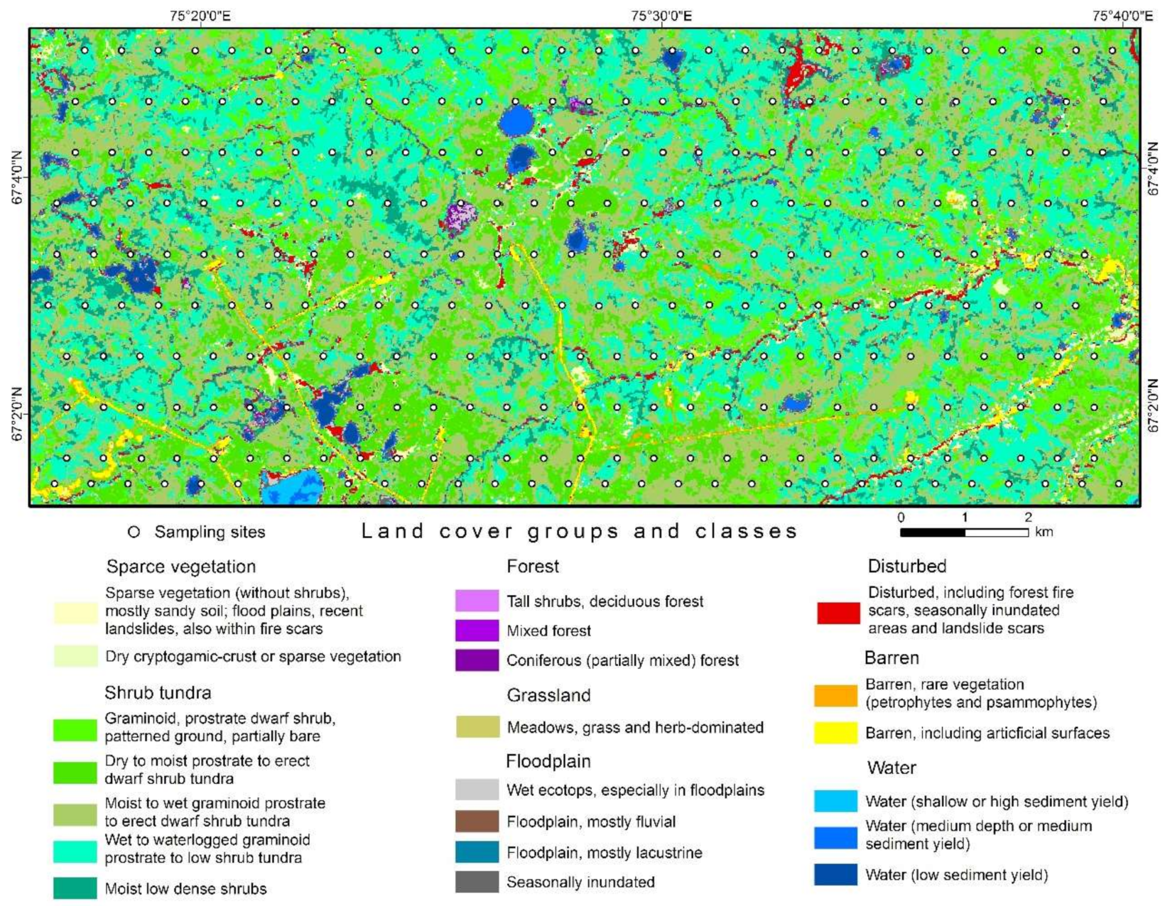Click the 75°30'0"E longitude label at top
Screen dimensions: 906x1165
coord(661,16)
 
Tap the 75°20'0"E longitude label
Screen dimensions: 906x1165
coord(200,16)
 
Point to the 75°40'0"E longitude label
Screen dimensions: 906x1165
coord(1122,16)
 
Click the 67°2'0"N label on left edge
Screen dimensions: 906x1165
coord(17,413)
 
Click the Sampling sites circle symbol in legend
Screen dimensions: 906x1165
coord(134,532)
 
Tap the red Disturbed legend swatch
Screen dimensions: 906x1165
coord(838,612)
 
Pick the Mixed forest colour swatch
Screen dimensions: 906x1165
coord(477,631)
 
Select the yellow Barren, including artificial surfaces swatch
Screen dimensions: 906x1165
coord(835,733)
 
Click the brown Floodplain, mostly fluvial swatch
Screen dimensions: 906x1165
coord(477,822)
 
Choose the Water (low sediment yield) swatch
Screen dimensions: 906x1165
coord(835,875)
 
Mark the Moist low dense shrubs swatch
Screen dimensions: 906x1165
coord(75,888)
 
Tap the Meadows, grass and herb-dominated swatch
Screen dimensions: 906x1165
coord(477,727)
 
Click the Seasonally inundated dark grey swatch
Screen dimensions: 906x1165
coord(477,882)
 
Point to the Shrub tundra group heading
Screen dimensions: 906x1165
coord(158,692)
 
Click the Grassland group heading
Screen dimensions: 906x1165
coord(548,695)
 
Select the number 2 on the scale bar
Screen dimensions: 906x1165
coord(1028,518)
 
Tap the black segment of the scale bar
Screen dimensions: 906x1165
coord(932,532)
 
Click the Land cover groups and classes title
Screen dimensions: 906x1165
coord(579,531)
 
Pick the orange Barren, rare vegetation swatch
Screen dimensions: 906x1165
coord(835,695)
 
